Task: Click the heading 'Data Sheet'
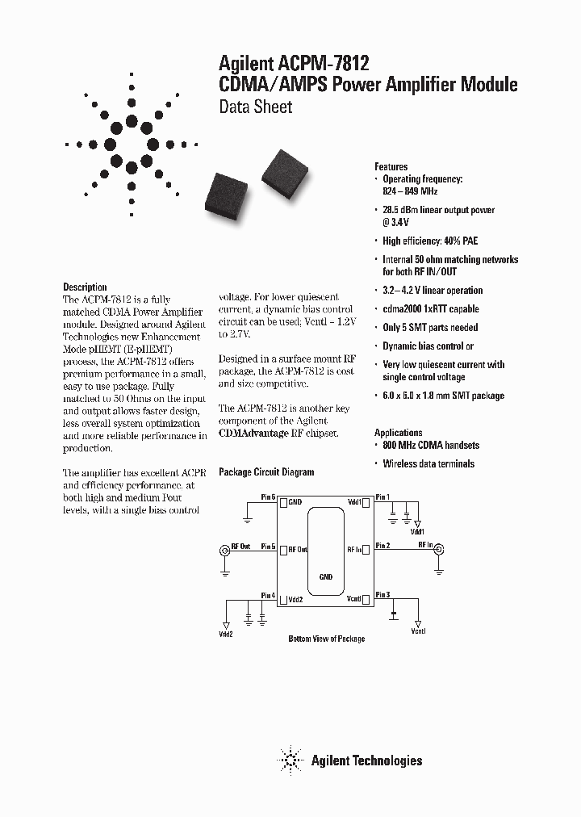click(x=256, y=107)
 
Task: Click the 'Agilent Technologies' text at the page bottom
click(x=366, y=760)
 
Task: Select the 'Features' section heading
click(x=391, y=166)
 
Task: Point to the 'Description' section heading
click(x=85, y=287)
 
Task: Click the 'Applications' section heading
click(x=399, y=433)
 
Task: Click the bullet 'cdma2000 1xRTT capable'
click(x=430, y=308)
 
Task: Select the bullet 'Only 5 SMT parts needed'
click(x=430, y=327)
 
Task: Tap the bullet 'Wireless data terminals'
click(x=428, y=463)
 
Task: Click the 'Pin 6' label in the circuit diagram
click(x=268, y=496)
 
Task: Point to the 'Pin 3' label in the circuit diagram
click(x=382, y=594)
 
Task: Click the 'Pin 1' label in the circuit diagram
click(x=382, y=496)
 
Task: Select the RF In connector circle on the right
click(x=438, y=551)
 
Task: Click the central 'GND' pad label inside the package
click(x=325, y=577)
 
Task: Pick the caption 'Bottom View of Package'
click(x=327, y=639)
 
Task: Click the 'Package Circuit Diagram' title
click(x=266, y=472)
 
